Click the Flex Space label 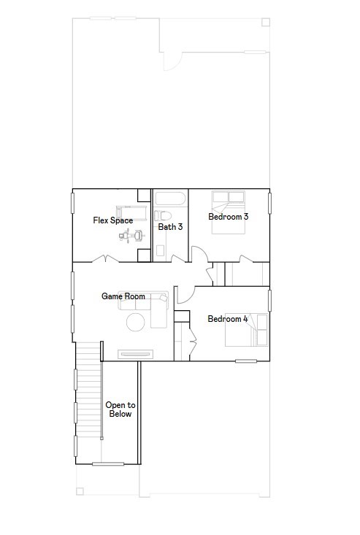tap(112, 220)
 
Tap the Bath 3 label tap(170, 227)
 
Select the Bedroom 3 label tap(228, 217)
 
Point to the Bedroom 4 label tap(228, 319)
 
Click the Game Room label tap(123, 296)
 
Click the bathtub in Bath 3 tap(170, 198)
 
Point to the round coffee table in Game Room tap(137, 322)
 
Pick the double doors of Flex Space tap(107, 259)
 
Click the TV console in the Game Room tap(136, 354)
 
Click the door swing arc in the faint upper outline tap(169, 62)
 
